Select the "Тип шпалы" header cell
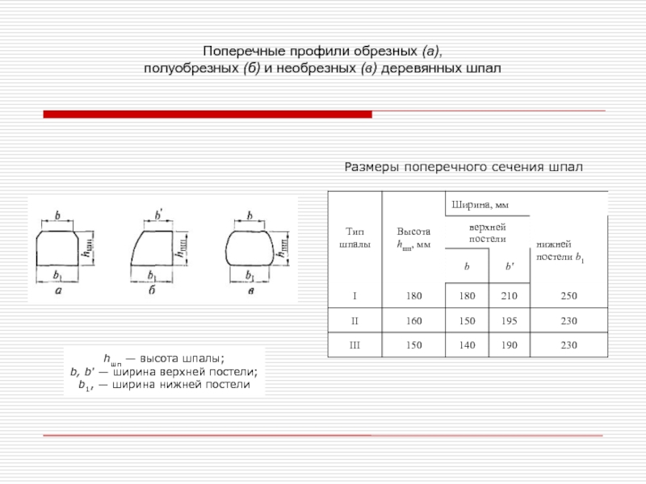click(x=354, y=236)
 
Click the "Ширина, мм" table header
click(x=480, y=203)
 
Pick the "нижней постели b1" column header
click(x=555, y=250)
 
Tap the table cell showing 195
click(x=510, y=321)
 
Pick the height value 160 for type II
click(x=413, y=321)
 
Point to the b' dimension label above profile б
click(x=158, y=215)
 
